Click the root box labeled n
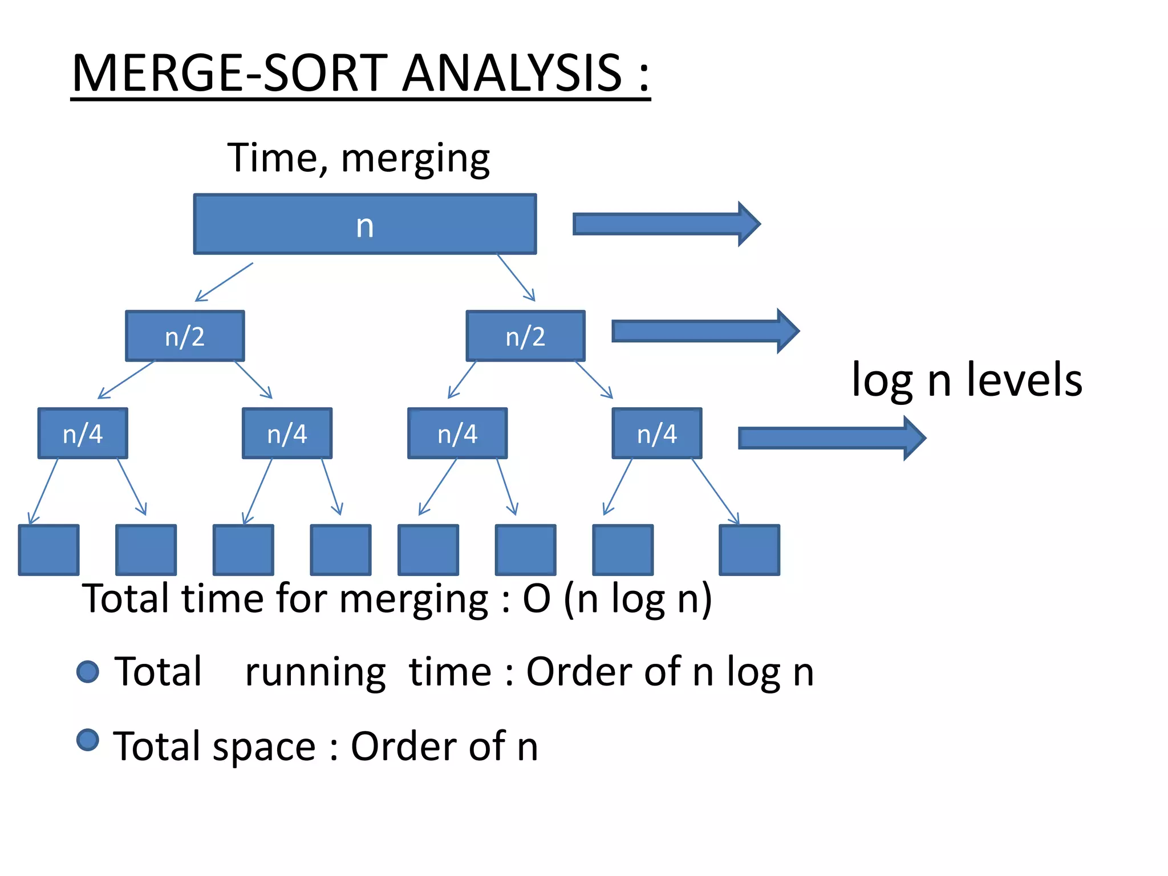364,224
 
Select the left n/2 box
185,336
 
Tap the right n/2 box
525,336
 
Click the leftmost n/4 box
83,433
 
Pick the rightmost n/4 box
657,433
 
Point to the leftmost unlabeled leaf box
48,550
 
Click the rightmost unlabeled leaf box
749,550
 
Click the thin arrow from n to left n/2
224,282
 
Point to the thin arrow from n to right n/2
516,278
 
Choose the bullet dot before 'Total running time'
88,671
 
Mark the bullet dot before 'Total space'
88,740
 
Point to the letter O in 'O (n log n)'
537,599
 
